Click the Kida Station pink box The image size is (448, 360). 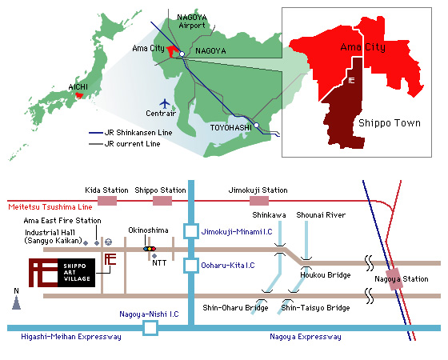click(x=107, y=201)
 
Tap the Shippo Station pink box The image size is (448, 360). click(x=162, y=201)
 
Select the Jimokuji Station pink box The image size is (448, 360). click(x=259, y=201)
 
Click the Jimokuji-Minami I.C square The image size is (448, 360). click(x=191, y=231)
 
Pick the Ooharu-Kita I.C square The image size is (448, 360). click(x=191, y=266)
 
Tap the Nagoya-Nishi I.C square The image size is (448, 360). click(x=150, y=328)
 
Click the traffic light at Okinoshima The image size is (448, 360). click(x=150, y=249)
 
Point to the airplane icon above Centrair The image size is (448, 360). click(x=165, y=103)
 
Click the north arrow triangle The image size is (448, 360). click(x=16, y=303)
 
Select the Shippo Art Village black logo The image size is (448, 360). click(x=77, y=273)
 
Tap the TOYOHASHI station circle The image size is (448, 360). click(x=256, y=125)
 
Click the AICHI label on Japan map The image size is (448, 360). click(x=78, y=87)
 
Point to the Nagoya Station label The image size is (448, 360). click(x=402, y=279)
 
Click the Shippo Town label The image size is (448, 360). click(x=390, y=123)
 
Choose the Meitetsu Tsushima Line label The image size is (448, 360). click(x=50, y=207)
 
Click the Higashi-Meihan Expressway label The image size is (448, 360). click(x=71, y=337)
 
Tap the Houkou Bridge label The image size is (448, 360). click(x=326, y=275)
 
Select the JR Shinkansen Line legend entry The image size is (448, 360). click(x=130, y=133)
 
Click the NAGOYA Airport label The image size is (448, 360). click(x=192, y=22)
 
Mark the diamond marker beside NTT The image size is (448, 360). click(x=154, y=256)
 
